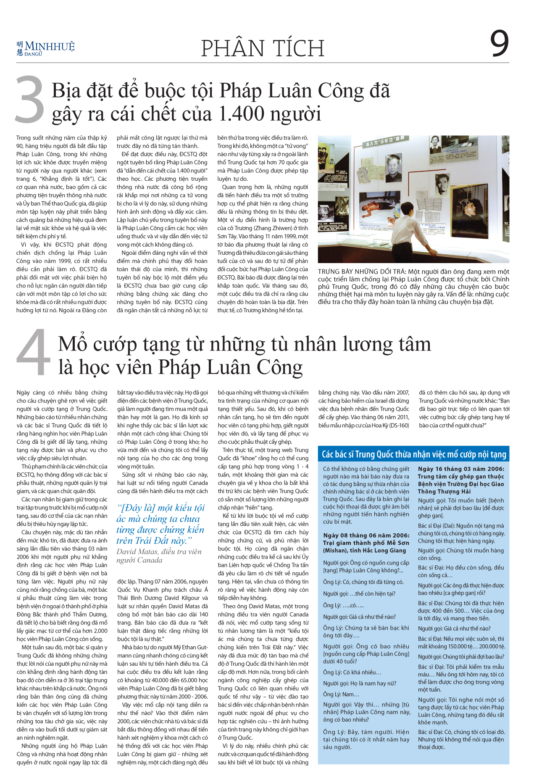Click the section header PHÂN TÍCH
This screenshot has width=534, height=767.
coord(263,48)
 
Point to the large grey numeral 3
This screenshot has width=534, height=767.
coord(30,100)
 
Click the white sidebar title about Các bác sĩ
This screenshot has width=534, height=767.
coord(413,454)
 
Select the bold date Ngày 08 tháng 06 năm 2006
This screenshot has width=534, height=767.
coord(366,535)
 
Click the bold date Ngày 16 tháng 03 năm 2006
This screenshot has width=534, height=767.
coord(461,469)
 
